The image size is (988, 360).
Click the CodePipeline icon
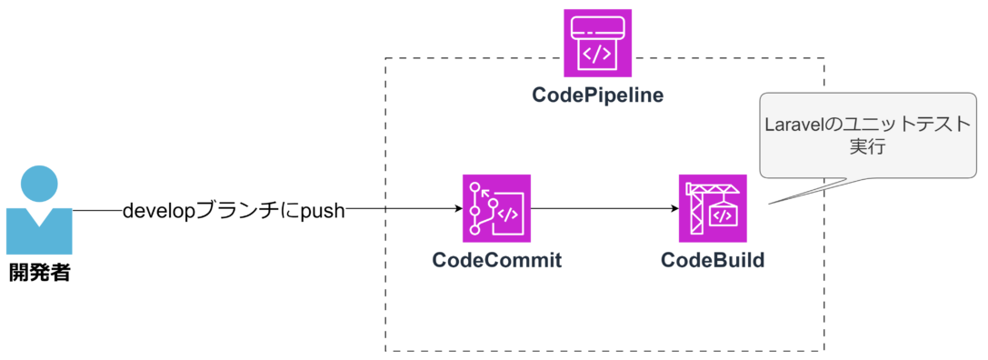[x=597, y=43]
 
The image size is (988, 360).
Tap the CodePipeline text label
[x=597, y=95]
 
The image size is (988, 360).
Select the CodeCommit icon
[x=496, y=208]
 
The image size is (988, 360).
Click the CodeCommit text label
[x=496, y=260]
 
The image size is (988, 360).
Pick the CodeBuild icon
[x=713, y=208]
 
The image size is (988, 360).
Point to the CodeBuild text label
[x=713, y=260]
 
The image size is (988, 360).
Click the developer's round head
[x=39, y=185]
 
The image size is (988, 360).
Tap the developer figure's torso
[x=39, y=233]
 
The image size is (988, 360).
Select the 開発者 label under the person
[x=39, y=272]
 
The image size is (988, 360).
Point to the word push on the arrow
[x=323, y=210]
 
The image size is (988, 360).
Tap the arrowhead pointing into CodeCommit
[x=458, y=209]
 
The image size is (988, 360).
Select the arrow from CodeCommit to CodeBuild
[x=604, y=209]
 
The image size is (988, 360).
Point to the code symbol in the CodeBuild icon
[x=723, y=216]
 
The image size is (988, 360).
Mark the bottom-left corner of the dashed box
[x=386, y=351]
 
